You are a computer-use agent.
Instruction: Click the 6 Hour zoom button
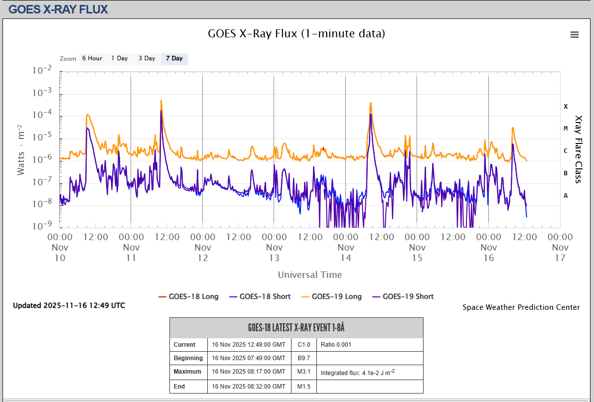point(92,58)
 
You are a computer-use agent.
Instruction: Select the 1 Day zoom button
point(120,58)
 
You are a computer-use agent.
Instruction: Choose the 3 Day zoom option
point(147,58)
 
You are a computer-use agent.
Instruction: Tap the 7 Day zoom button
point(174,58)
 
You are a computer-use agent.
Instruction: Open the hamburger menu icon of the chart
point(575,34)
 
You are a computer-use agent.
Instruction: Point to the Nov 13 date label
point(274,252)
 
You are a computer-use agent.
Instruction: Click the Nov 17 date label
point(560,252)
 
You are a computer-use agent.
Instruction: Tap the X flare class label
point(566,106)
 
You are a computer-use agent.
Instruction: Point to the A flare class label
point(566,196)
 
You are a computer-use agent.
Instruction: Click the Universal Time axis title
point(310,274)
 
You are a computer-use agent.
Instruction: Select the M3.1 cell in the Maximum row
point(304,372)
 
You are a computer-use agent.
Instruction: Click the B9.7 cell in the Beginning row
point(304,358)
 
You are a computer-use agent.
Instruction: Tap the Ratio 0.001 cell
point(336,344)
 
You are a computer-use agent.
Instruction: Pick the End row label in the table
point(179,386)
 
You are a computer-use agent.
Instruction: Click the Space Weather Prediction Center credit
point(521,307)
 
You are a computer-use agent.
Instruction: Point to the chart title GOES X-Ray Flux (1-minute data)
point(297,33)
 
